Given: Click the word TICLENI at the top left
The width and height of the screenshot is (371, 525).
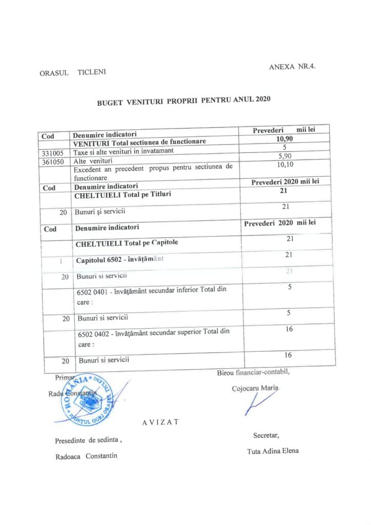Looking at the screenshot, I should pyautogui.click(x=92, y=73).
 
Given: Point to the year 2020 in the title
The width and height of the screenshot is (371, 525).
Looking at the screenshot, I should pyautogui.click(x=261, y=98).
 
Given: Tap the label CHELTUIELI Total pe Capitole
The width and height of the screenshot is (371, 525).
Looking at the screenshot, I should pyautogui.click(x=127, y=243).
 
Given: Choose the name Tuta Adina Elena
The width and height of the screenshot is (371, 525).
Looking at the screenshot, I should pyautogui.click(x=272, y=451).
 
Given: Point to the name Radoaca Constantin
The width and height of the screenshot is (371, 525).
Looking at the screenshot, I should pyautogui.click(x=86, y=456).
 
